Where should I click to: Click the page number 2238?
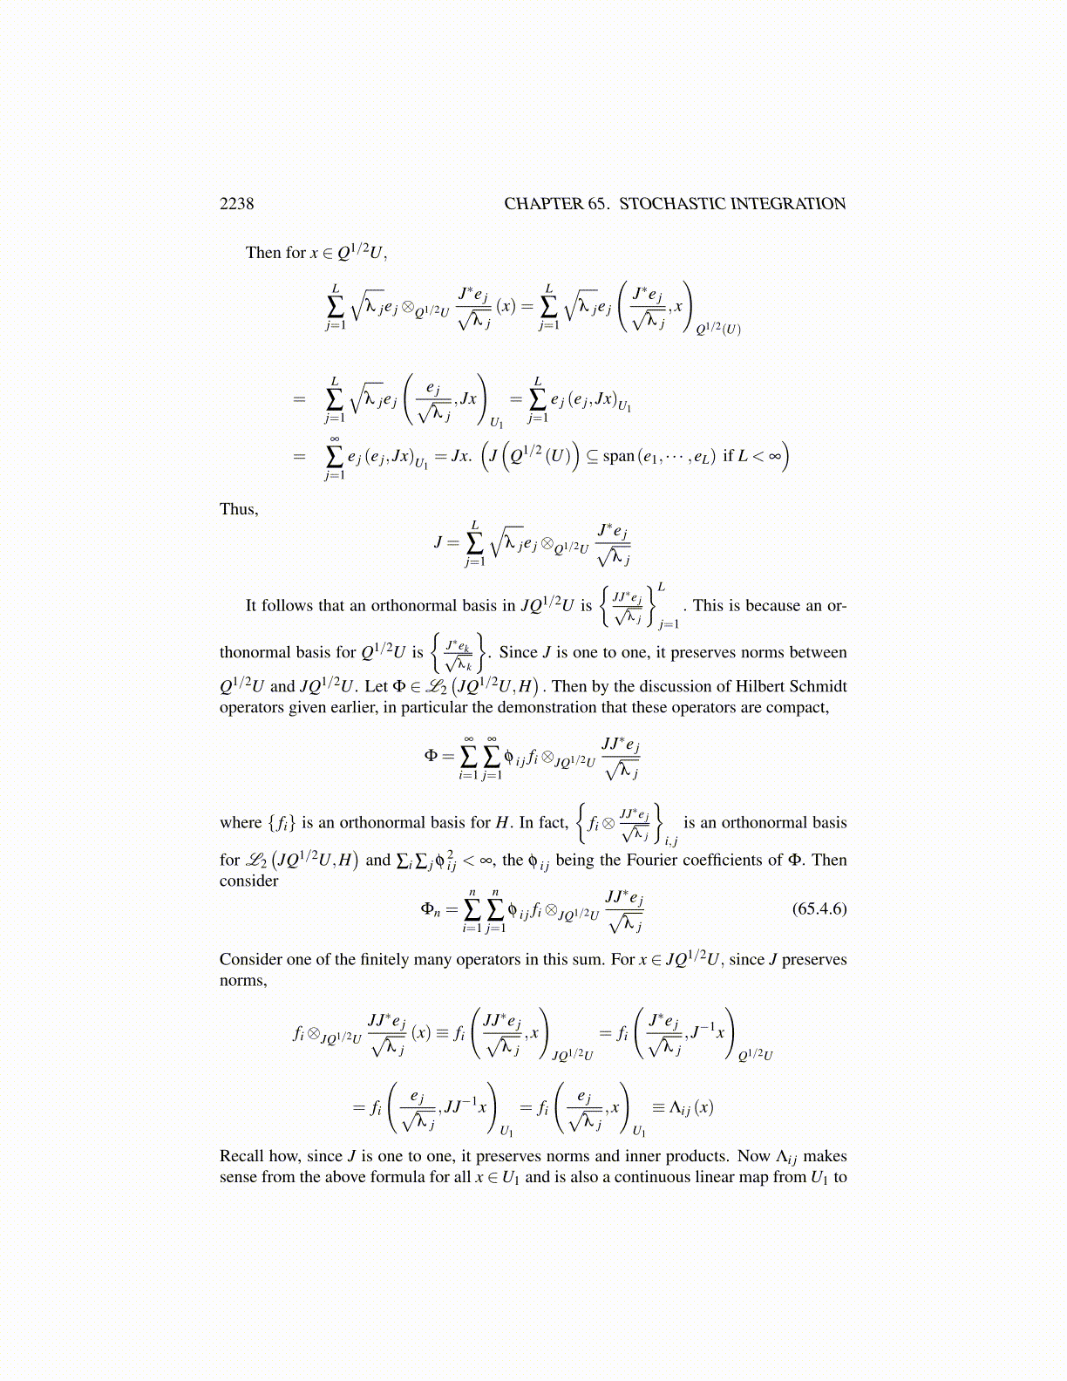(x=236, y=204)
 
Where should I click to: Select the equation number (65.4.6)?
(x=819, y=908)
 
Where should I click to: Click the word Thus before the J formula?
(x=238, y=509)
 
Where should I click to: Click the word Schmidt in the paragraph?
(x=819, y=686)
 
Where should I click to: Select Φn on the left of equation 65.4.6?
(x=431, y=909)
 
